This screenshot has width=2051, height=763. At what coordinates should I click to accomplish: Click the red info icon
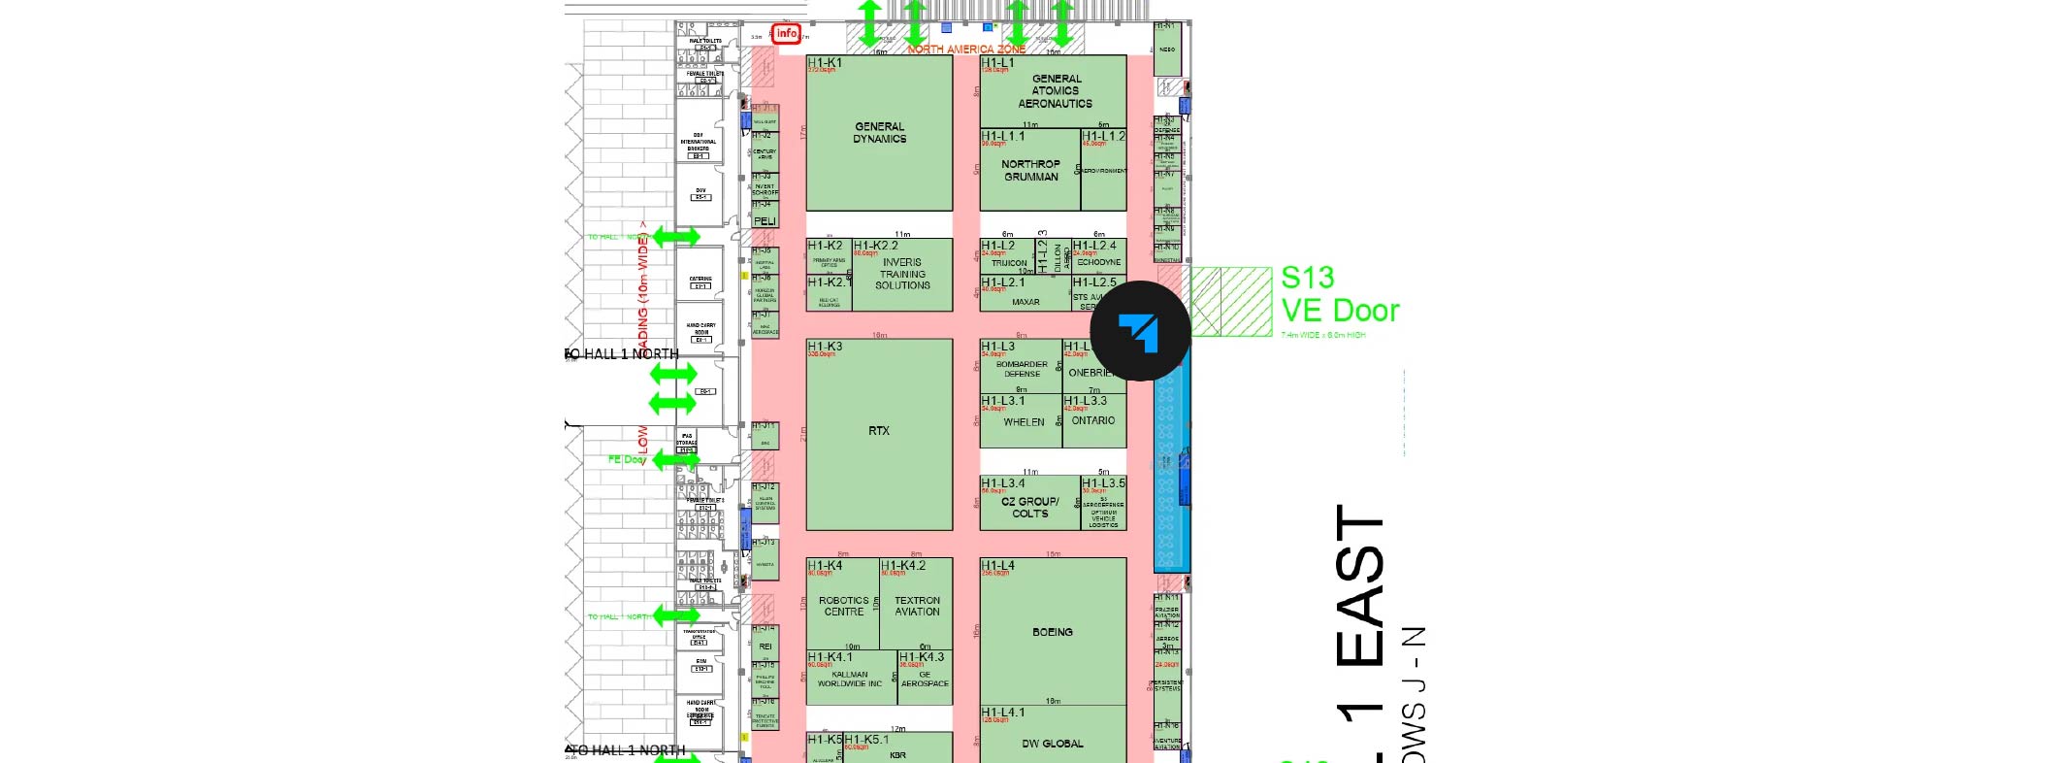click(x=786, y=34)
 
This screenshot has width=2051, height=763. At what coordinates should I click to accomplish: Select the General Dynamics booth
click(x=879, y=133)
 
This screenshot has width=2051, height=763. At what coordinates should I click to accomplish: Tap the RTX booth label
click(x=879, y=431)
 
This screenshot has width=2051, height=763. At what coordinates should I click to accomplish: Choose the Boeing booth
click(x=1053, y=632)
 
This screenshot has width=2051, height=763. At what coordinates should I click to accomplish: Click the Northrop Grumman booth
click(x=1030, y=171)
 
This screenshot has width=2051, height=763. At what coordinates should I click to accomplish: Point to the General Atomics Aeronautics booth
click(x=1055, y=91)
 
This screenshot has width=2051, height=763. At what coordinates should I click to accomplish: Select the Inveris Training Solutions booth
click(x=902, y=274)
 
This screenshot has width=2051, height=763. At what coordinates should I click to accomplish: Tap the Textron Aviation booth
click(x=917, y=607)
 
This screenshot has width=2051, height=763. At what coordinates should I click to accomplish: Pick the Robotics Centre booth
click(x=843, y=607)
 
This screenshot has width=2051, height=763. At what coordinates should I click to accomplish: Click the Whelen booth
click(x=1024, y=422)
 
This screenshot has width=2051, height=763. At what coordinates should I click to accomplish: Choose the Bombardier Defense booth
click(x=1022, y=369)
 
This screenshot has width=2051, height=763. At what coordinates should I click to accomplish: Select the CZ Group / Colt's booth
click(x=1029, y=508)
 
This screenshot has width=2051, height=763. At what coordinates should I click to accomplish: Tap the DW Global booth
click(x=1053, y=744)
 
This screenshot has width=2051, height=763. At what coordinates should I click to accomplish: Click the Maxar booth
click(x=1025, y=302)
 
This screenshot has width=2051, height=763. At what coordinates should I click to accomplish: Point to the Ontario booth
click(x=1093, y=421)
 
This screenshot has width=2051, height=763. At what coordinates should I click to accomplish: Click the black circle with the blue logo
click(x=1140, y=331)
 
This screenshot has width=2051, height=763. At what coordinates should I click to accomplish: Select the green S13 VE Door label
click(x=1340, y=294)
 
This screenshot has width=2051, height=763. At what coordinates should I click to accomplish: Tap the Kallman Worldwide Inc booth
click(x=850, y=679)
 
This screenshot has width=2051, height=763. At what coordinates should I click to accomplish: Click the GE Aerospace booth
click(x=925, y=679)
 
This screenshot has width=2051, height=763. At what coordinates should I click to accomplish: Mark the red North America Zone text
click(x=966, y=49)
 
